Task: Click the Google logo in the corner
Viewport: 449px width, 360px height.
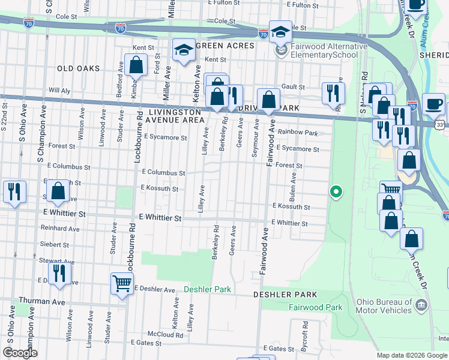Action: coord(20,353)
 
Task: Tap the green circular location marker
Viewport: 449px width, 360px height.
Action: coord(337,192)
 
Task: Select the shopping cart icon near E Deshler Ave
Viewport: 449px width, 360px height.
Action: coord(122,283)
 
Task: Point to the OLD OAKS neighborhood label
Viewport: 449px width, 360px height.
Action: coord(78,68)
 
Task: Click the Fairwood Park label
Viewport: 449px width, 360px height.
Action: coord(315,307)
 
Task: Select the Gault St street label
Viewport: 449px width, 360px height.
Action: coord(294,87)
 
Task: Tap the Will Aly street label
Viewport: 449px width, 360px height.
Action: coord(59,90)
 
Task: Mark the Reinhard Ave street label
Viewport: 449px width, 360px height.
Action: coord(60,229)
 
